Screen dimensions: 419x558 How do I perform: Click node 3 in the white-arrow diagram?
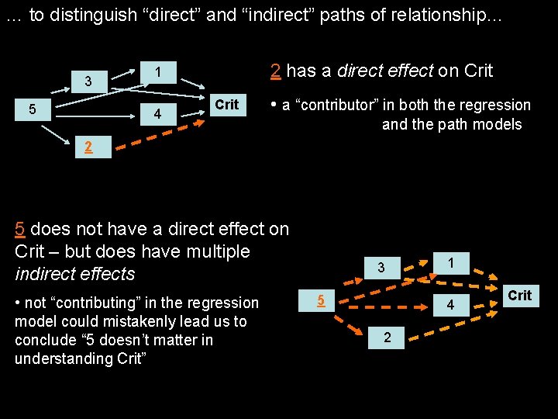(88, 81)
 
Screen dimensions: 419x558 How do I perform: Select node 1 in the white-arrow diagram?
(157, 72)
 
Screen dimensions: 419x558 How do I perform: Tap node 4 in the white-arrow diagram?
(157, 114)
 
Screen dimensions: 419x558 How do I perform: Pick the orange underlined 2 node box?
(89, 147)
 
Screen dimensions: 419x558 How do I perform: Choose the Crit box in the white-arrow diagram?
(226, 105)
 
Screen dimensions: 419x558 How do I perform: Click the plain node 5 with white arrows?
(31, 109)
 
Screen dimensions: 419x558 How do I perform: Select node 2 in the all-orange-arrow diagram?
(387, 337)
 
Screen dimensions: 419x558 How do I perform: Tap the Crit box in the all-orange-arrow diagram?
(519, 296)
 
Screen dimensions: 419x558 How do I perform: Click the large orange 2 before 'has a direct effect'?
(275, 71)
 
